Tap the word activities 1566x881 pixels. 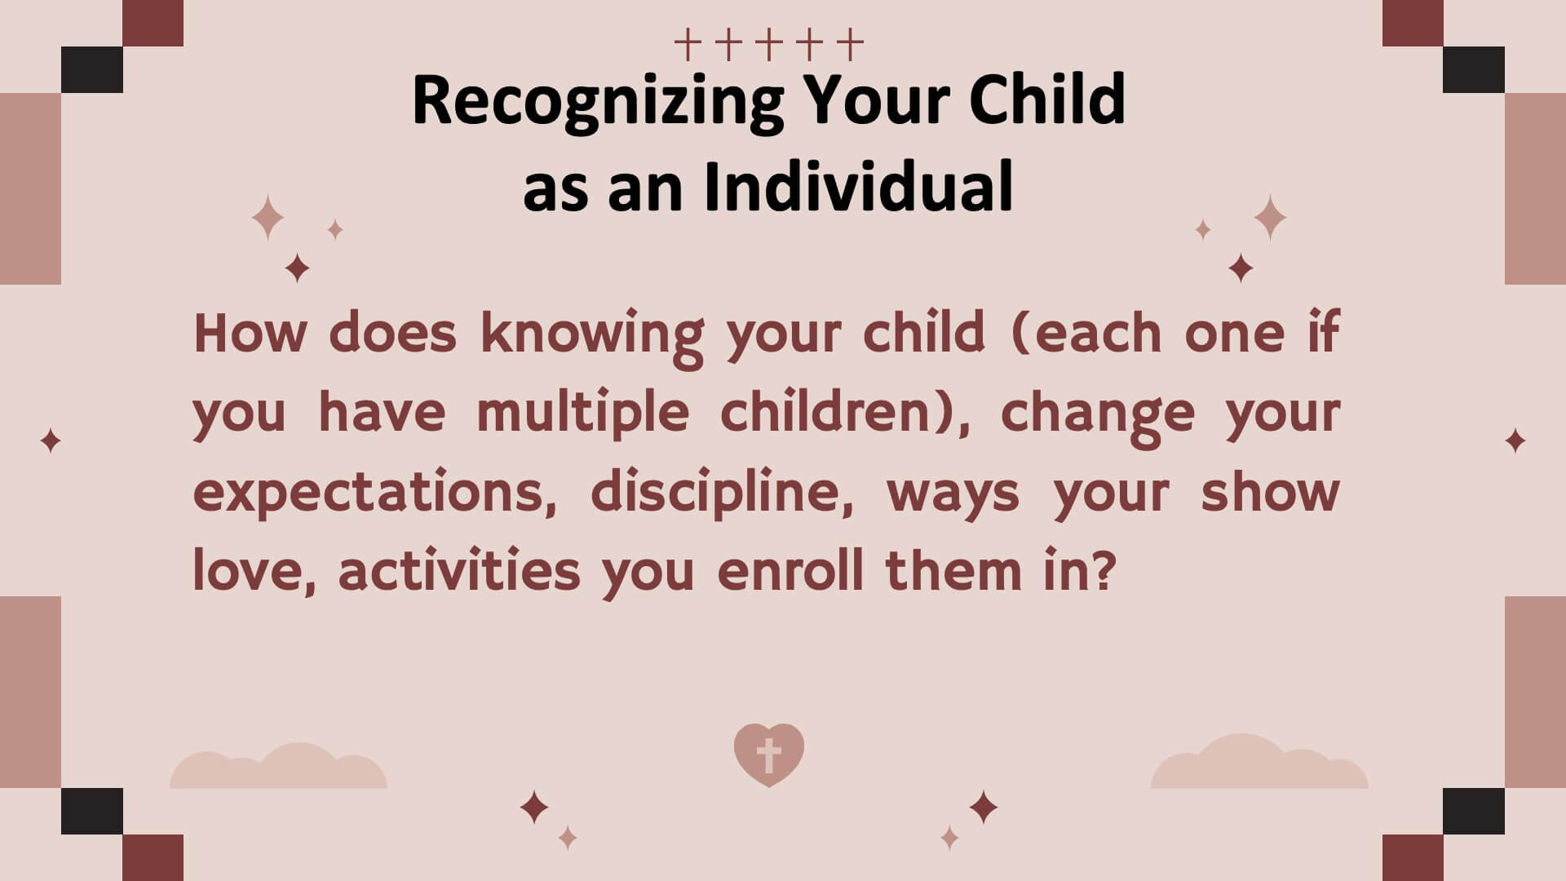(x=459, y=571)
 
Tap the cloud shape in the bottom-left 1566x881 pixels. (x=278, y=766)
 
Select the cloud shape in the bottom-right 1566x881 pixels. (x=1259, y=761)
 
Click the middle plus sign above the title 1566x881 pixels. (x=769, y=46)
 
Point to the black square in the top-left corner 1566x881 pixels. (x=92, y=69)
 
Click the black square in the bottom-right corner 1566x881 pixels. (x=1474, y=811)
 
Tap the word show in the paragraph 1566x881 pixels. (x=1271, y=492)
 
